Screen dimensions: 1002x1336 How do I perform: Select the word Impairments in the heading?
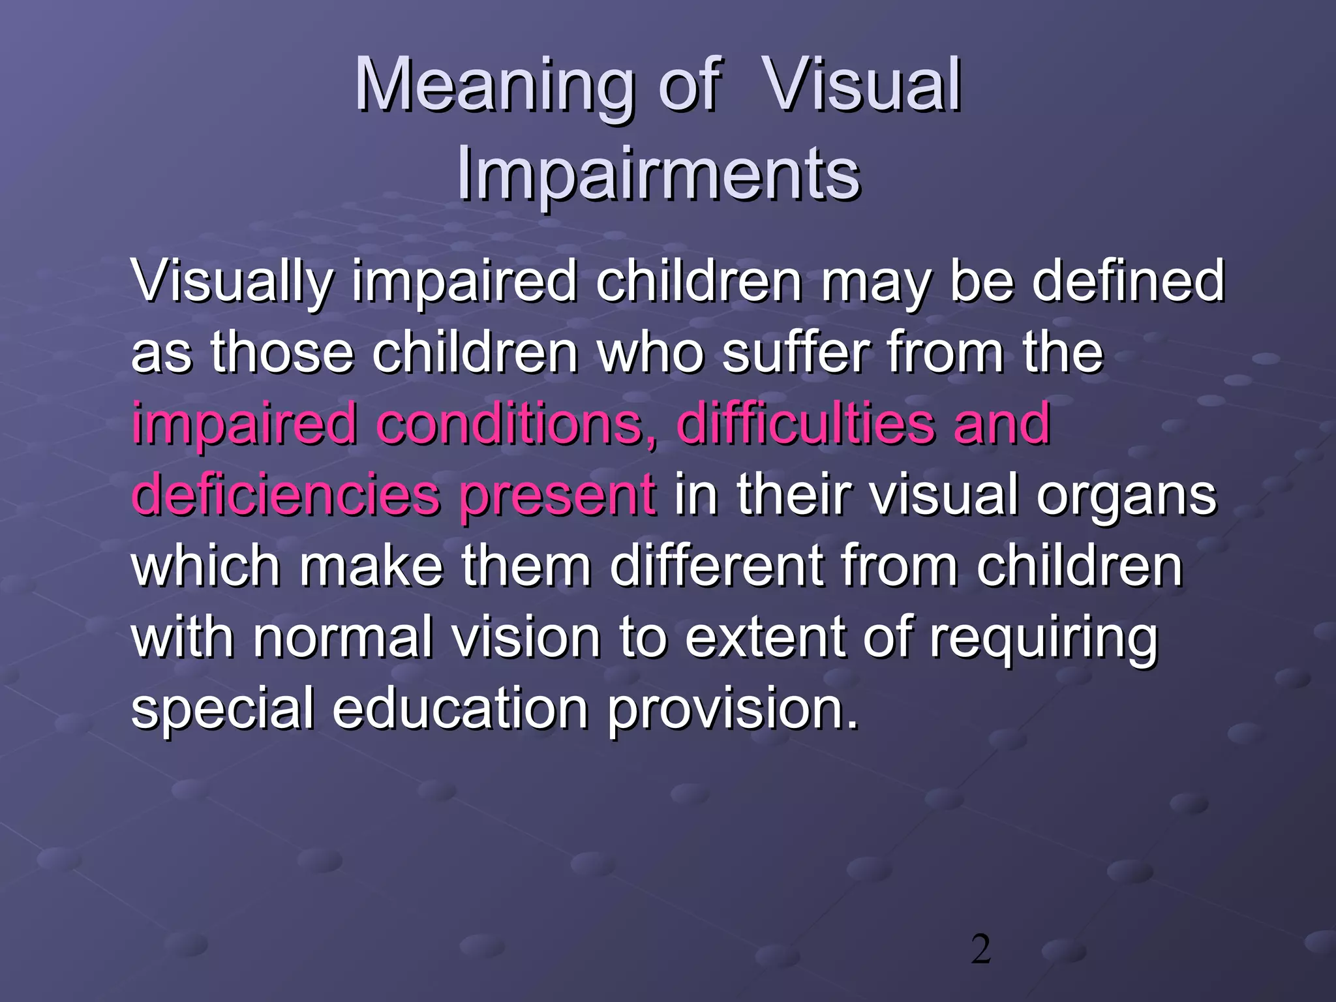coord(658,174)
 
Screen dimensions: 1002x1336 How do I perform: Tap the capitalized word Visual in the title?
coord(862,85)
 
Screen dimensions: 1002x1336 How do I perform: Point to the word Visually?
coord(232,282)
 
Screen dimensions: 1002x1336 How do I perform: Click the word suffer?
coord(796,352)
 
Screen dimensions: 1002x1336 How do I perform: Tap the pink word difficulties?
coord(806,423)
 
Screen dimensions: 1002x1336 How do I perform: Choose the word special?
coord(222,710)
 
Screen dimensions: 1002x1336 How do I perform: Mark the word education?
coord(461,708)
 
